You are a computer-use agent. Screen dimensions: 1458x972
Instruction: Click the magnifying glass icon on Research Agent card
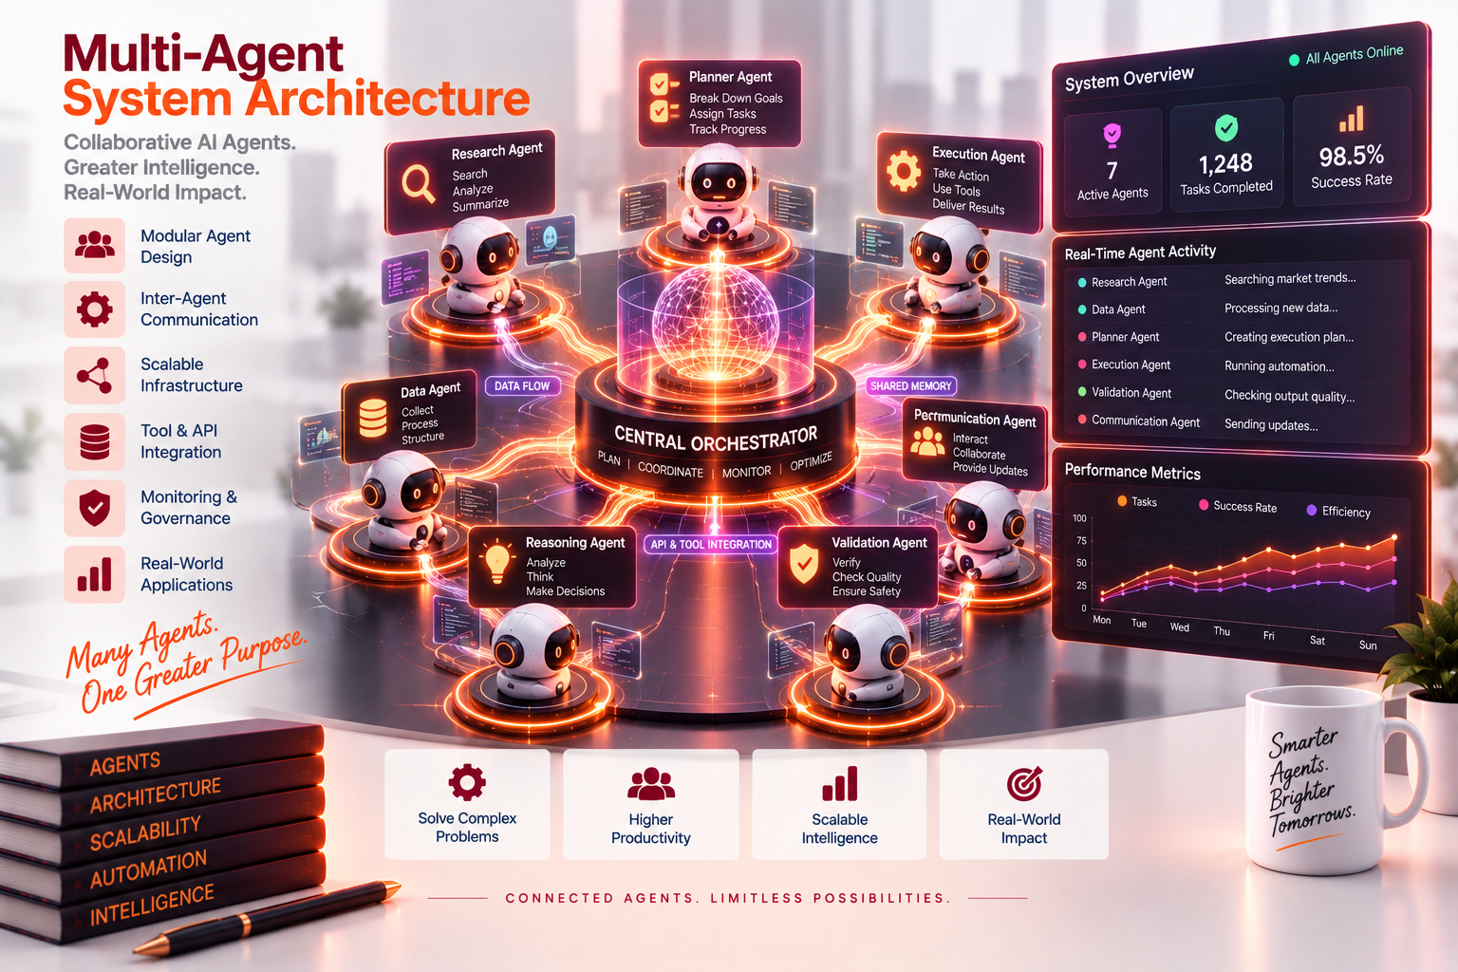tap(418, 183)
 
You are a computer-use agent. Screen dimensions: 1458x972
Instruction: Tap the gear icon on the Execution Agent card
tap(904, 171)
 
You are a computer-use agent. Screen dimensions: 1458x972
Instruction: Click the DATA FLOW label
tap(522, 386)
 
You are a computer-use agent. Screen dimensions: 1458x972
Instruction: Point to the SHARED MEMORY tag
tap(910, 386)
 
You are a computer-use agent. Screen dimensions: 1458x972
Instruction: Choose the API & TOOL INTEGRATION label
tap(711, 544)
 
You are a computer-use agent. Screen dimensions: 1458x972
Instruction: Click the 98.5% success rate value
tap(1352, 157)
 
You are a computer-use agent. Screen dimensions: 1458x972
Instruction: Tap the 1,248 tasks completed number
tap(1225, 163)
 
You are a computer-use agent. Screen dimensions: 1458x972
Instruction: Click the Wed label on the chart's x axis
tap(1180, 626)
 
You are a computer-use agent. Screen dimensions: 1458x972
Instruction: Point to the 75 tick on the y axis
tap(1081, 541)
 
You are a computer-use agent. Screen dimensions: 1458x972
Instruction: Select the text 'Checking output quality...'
tap(1289, 396)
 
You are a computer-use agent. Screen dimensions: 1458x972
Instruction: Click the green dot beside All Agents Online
tap(1294, 61)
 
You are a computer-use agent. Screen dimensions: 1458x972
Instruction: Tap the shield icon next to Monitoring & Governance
tap(94, 508)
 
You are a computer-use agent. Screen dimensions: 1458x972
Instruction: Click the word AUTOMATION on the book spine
tap(148, 869)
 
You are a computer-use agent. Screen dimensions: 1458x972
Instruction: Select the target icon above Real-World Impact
tap(1024, 783)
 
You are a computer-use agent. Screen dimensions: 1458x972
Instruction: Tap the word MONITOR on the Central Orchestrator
tap(746, 472)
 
